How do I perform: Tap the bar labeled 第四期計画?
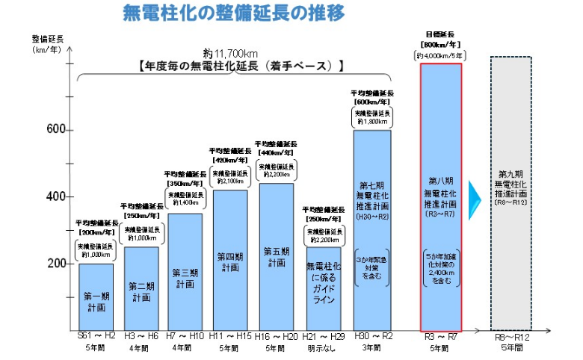(230, 261)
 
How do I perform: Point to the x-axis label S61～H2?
(96, 337)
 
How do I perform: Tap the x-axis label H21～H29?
(323, 337)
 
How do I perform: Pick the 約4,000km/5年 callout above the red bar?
(441, 55)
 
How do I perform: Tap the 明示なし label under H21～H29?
(323, 348)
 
